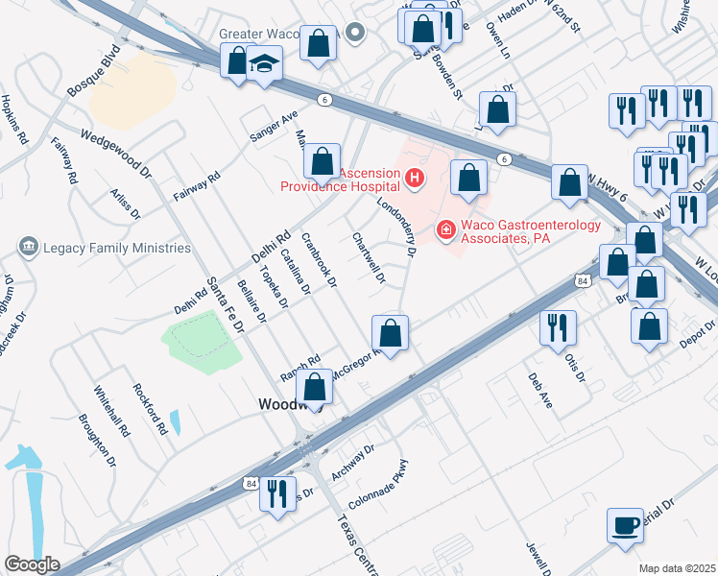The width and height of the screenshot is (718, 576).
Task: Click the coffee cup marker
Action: (x=625, y=525)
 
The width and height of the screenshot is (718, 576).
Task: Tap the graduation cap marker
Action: (x=264, y=63)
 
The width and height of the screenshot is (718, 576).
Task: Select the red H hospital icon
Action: (x=414, y=177)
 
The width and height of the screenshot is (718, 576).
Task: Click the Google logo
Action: (x=32, y=564)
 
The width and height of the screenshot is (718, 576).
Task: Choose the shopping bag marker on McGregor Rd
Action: (x=390, y=334)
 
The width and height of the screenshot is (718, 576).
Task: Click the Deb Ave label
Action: (x=539, y=392)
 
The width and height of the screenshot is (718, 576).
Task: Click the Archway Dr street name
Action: (x=351, y=461)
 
